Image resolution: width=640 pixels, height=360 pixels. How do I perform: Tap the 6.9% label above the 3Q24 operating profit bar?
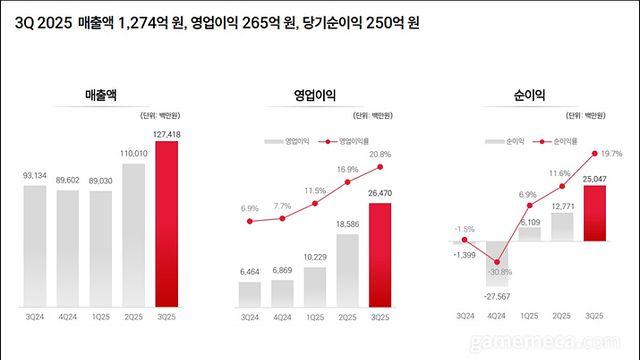click(x=250, y=208)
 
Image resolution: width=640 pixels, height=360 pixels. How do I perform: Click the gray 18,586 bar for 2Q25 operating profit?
click(x=347, y=271)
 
